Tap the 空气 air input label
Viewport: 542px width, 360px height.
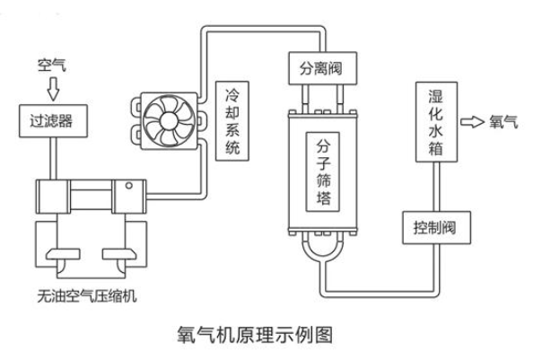[48, 66]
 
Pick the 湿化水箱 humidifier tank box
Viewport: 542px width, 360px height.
[433, 121]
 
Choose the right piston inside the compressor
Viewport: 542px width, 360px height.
[115, 252]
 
